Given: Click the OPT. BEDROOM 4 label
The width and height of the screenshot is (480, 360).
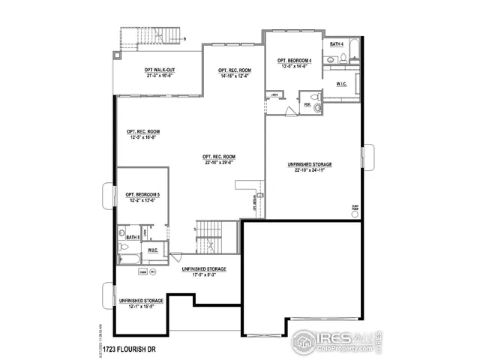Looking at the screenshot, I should pyautogui.click(x=293, y=61).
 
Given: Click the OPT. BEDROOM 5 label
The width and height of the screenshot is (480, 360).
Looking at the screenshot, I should pyautogui.click(x=142, y=194).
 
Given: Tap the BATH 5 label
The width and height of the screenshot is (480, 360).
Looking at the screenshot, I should pyautogui.click(x=133, y=238).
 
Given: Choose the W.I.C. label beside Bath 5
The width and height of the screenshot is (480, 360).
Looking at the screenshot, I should pyautogui.click(x=152, y=250).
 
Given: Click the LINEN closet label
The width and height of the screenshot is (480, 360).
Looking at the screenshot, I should pyautogui.click(x=275, y=94).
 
